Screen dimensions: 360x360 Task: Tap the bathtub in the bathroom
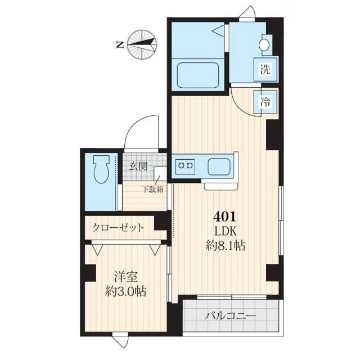tap(197, 75)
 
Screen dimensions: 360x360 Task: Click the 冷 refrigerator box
tap(264, 102)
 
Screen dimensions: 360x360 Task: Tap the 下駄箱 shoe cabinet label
tap(152, 189)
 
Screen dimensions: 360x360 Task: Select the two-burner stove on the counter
tap(186, 165)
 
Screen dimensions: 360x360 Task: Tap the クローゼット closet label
tap(118, 228)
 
